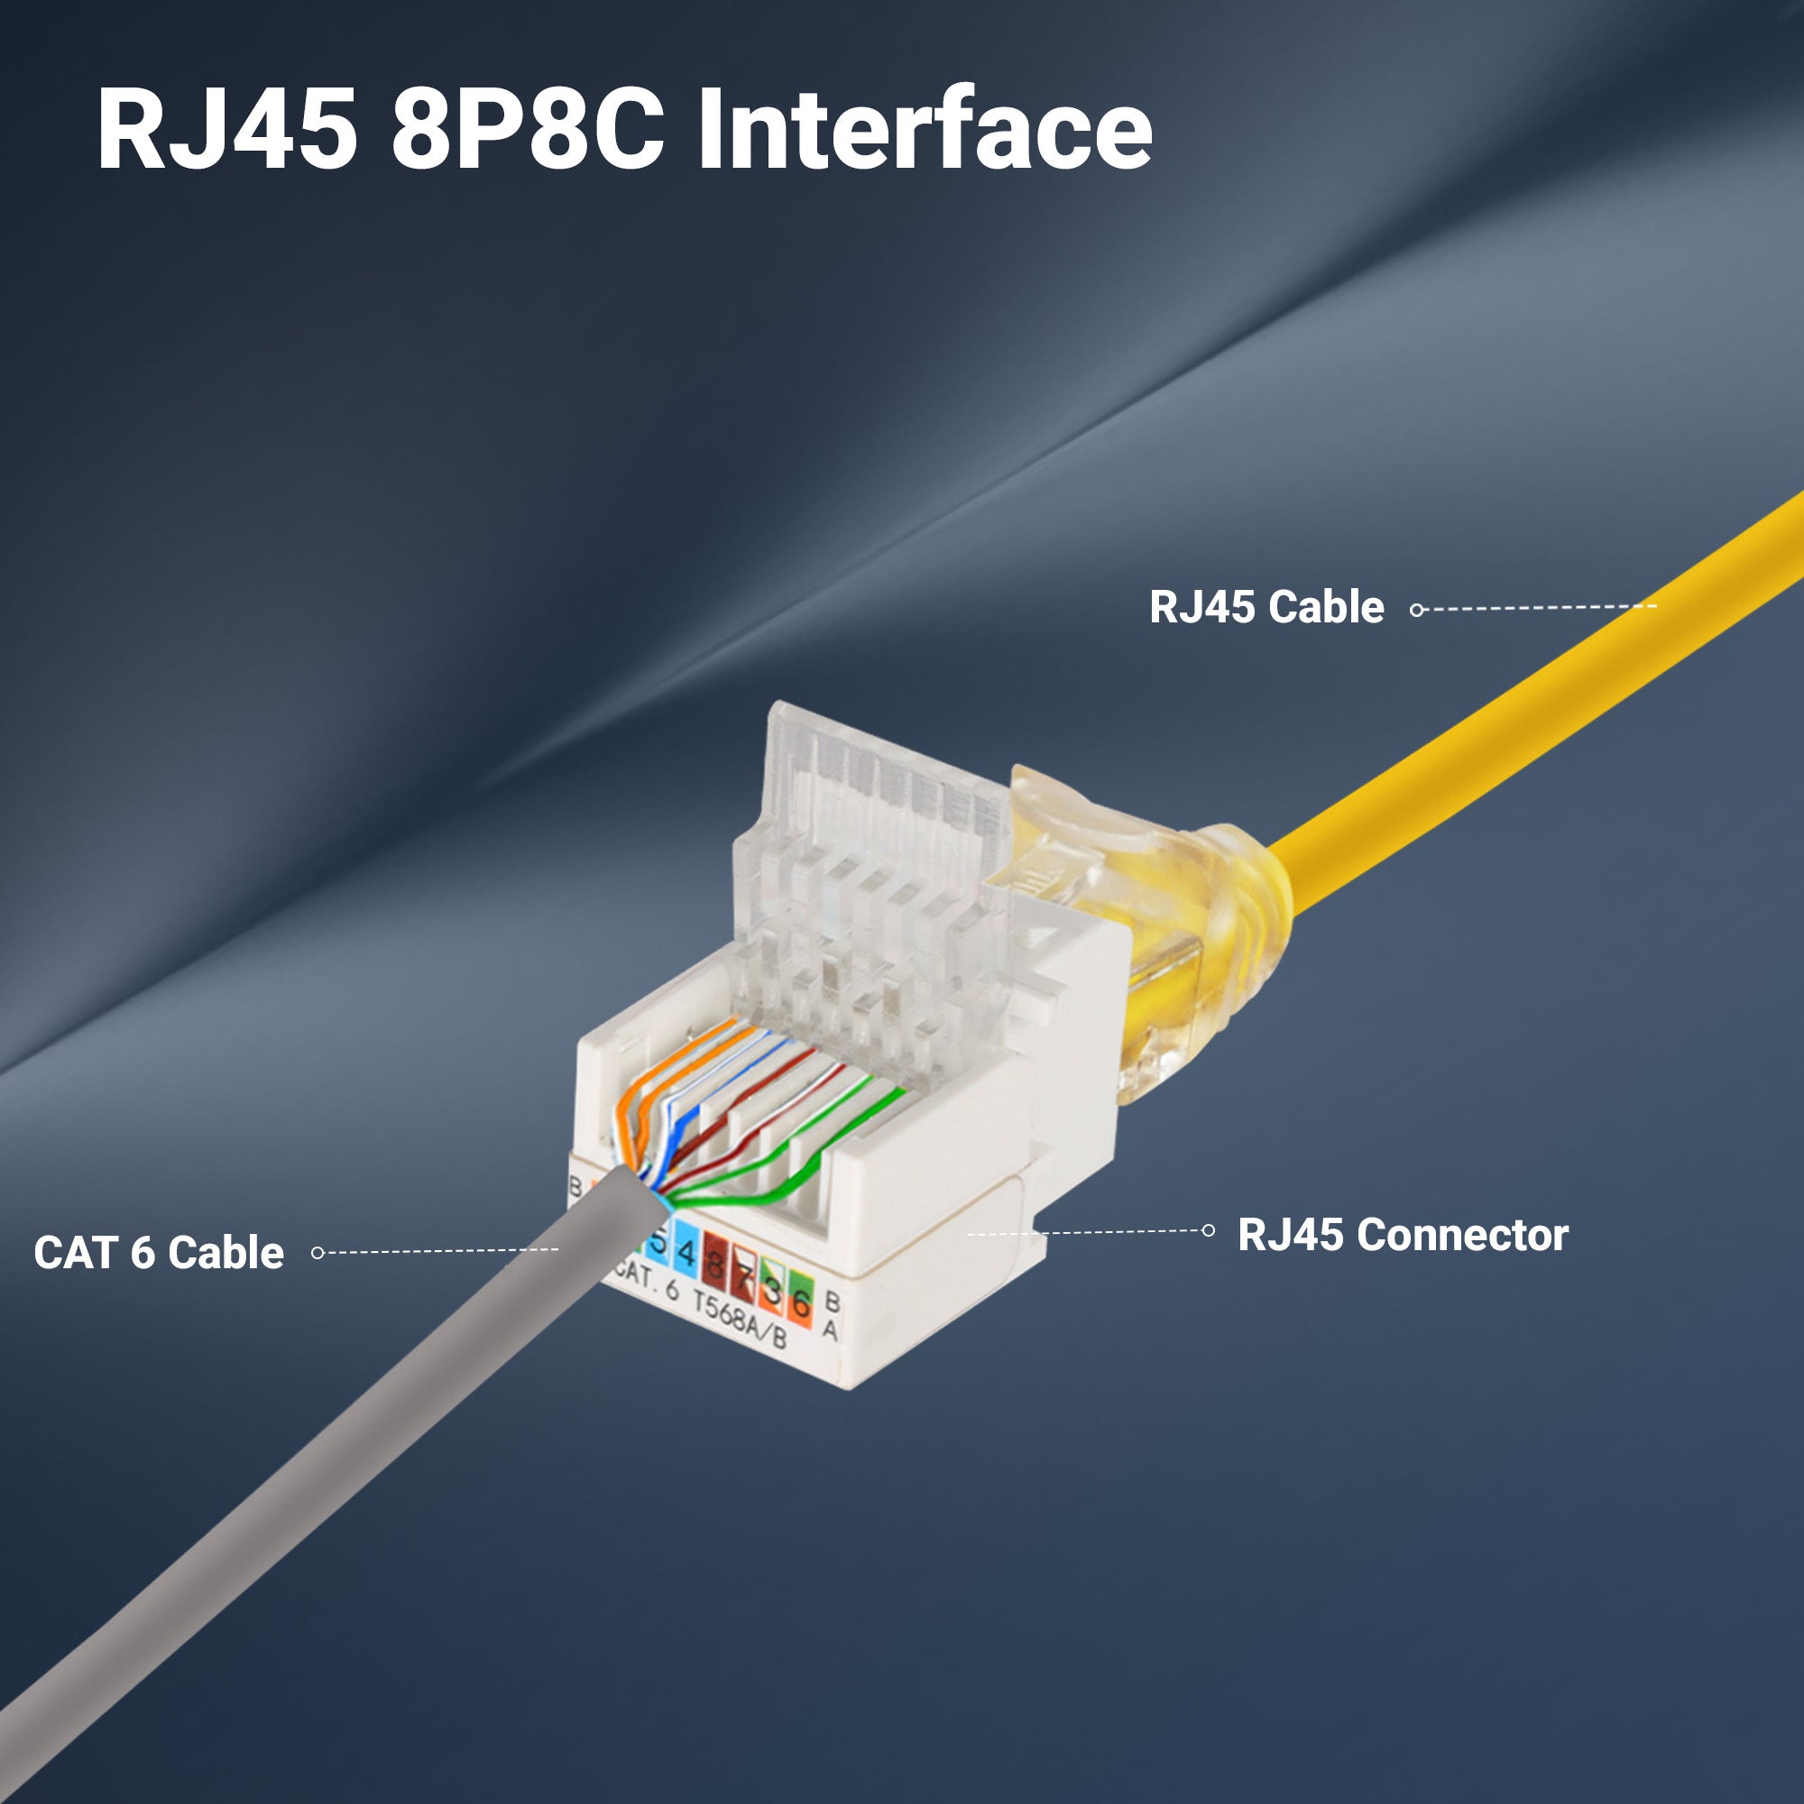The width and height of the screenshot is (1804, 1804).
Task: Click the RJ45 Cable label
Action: [x=1266, y=607]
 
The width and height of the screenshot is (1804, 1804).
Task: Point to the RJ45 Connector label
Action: [x=1403, y=1235]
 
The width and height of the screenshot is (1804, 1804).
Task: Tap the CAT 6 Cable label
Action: [x=159, y=1253]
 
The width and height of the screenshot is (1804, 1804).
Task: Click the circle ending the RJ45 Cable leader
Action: [x=1416, y=610]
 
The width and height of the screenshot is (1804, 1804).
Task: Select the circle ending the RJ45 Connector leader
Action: [x=1209, y=1229]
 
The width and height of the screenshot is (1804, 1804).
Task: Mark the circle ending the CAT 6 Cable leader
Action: [x=318, y=1252]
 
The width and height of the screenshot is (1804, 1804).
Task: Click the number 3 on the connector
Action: [x=772, y=1289]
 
